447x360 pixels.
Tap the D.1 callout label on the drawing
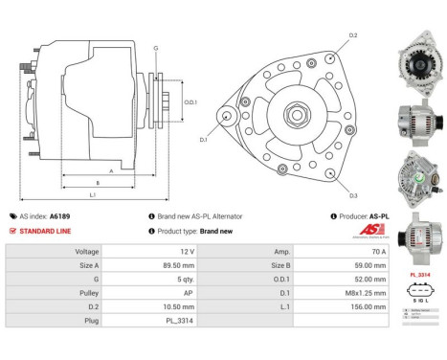pos(204,140)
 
